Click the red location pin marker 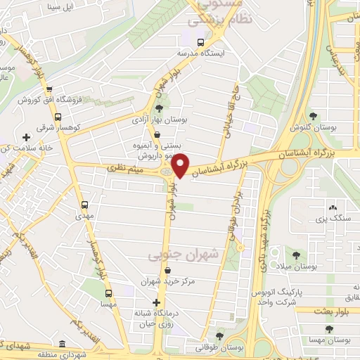tap(181, 165)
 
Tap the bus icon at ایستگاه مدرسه tap(202, 41)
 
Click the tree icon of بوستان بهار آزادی tap(159, 108)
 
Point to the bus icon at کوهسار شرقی tap(57, 117)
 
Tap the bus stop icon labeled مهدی tap(85, 205)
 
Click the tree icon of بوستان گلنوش tap(312, 117)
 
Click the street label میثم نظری tap(125, 168)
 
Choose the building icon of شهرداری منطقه tap(63, 345)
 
